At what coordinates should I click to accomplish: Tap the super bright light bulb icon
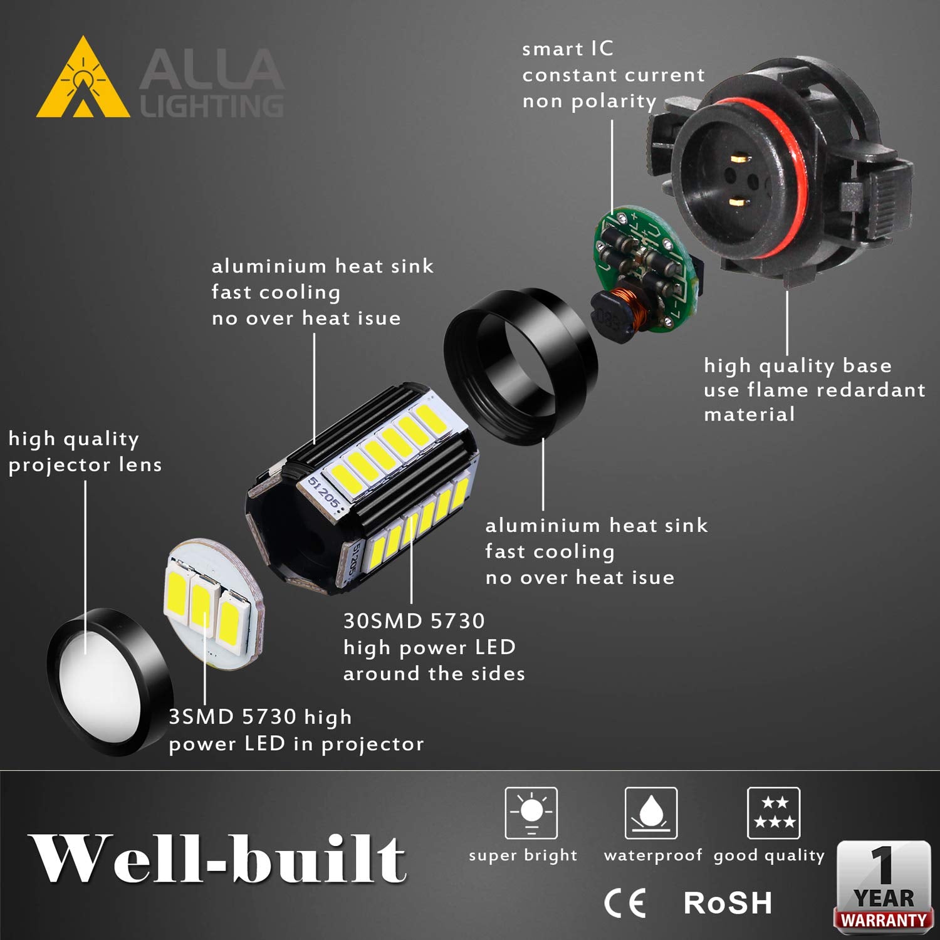point(531,813)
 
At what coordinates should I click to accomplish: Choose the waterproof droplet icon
point(651,813)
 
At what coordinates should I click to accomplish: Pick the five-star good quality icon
point(773,813)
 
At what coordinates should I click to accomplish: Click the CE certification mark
point(625,903)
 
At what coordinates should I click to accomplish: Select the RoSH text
point(727,903)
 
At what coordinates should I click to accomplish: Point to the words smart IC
point(568,49)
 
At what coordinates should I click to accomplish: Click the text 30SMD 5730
point(414,621)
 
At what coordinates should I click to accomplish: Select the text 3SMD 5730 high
point(260,717)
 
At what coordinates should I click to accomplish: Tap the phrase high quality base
point(797,366)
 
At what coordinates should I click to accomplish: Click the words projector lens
point(85,465)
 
